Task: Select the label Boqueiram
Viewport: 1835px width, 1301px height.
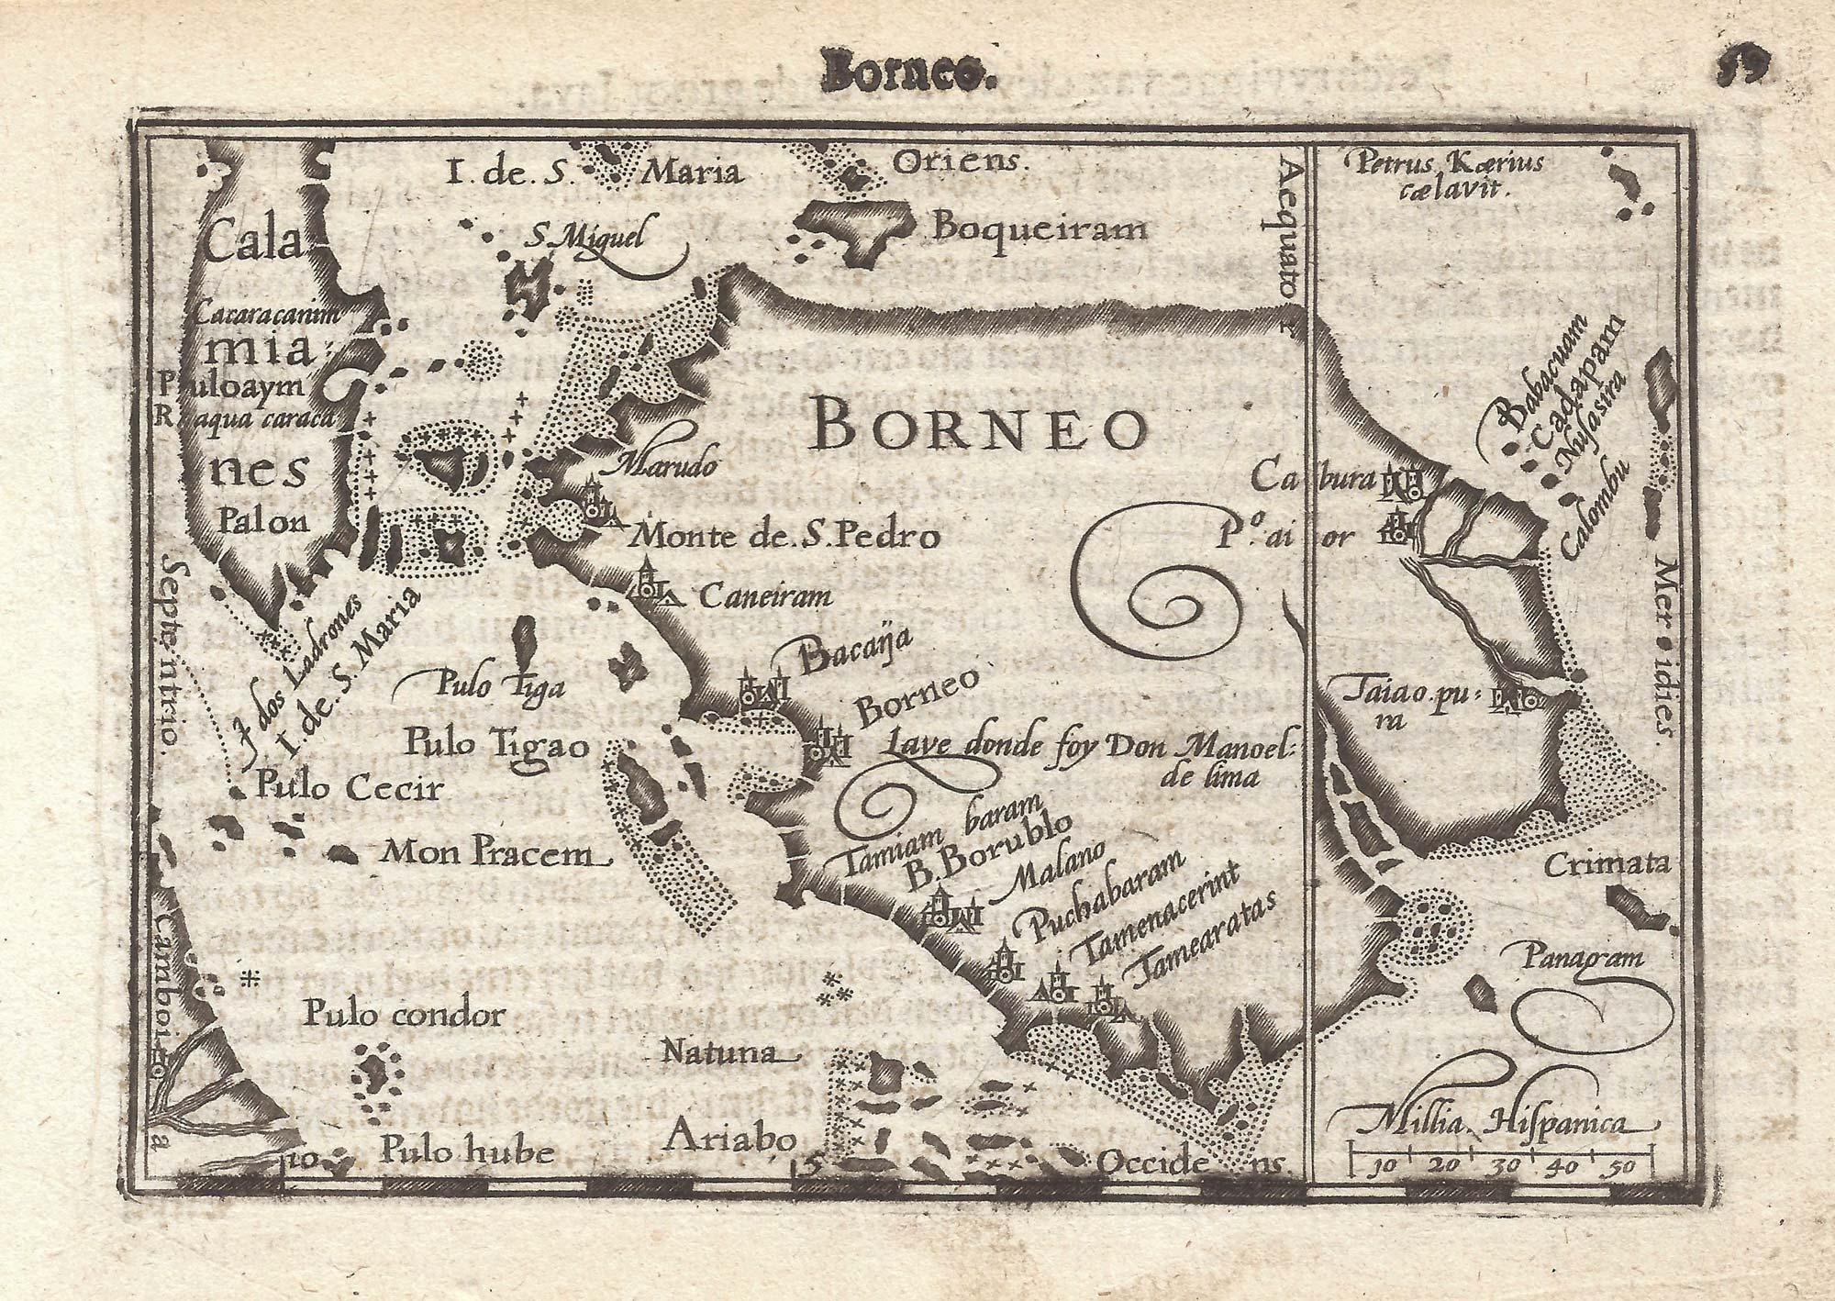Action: click(1039, 228)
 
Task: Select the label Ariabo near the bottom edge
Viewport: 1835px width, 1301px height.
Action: click(729, 1138)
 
